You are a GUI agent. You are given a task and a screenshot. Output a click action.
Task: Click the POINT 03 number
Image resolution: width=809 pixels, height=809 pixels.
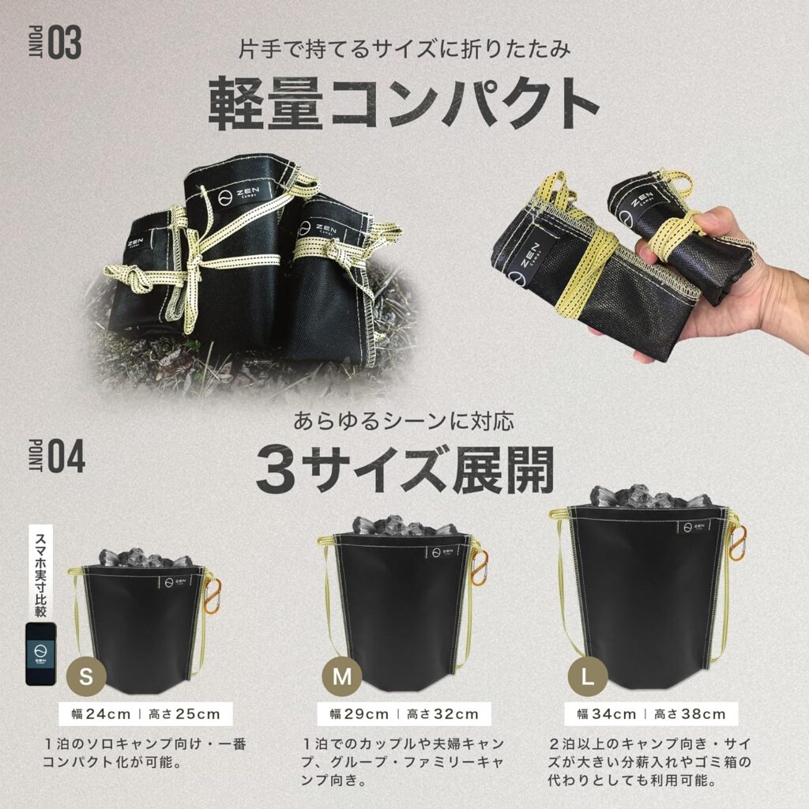pyautogui.click(x=65, y=43)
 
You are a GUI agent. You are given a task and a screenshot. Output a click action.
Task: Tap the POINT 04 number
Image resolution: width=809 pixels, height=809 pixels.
pyautogui.click(x=66, y=457)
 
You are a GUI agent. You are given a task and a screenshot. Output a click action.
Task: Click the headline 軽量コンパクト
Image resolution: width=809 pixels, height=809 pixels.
pyautogui.click(x=404, y=103)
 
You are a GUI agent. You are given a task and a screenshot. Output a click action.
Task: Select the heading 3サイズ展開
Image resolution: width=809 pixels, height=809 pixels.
pyautogui.click(x=405, y=468)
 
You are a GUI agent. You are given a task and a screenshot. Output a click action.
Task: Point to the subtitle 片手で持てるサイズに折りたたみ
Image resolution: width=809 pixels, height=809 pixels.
pyautogui.click(x=404, y=49)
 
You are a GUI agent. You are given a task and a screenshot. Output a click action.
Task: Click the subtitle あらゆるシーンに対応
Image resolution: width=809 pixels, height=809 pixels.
pyautogui.click(x=404, y=422)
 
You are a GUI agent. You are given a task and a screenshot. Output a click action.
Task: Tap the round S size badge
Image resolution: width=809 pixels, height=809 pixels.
pyautogui.click(x=86, y=676)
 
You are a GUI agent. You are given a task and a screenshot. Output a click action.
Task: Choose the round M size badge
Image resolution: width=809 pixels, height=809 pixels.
pyautogui.click(x=341, y=676)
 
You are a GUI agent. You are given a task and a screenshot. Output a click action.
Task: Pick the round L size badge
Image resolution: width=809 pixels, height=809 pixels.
pyautogui.click(x=587, y=676)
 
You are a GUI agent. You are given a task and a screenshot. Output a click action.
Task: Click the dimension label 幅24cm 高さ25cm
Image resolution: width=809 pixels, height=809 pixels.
pyautogui.click(x=146, y=714)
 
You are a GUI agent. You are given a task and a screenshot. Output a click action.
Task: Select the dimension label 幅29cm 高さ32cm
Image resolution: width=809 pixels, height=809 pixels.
pyautogui.click(x=404, y=714)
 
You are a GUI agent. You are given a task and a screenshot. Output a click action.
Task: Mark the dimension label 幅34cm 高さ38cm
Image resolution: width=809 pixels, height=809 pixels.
pyautogui.click(x=651, y=714)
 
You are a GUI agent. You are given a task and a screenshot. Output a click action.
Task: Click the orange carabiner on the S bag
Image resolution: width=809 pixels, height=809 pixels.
pyautogui.click(x=212, y=596)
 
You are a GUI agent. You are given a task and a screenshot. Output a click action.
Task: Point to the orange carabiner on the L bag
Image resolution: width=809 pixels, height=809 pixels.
pyautogui.click(x=737, y=543)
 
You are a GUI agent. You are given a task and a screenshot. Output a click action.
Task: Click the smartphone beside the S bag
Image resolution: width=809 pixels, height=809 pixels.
pyautogui.click(x=41, y=653)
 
